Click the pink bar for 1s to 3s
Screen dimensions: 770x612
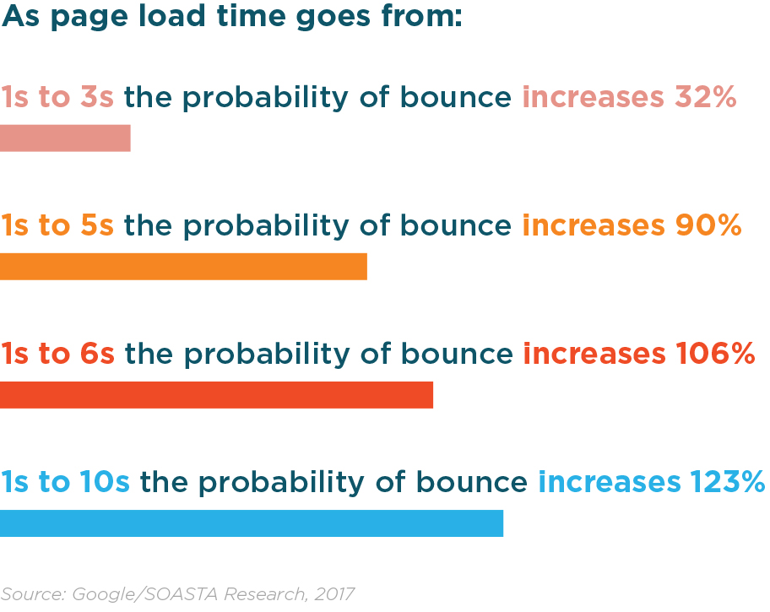[65, 138]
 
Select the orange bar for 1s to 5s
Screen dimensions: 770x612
[184, 267]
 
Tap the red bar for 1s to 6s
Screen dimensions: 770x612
[216, 395]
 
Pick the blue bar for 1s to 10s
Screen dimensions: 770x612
[252, 523]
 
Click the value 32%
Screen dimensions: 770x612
[706, 96]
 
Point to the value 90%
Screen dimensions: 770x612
[708, 225]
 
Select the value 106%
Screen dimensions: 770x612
[715, 353]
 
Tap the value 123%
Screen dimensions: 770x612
[728, 481]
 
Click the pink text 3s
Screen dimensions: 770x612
[97, 96]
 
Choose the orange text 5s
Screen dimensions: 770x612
[97, 225]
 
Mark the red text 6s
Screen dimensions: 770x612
[97, 353]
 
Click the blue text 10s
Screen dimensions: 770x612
[105, 481]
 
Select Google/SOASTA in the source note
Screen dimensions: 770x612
[145, 593]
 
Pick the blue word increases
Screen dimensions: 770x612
[610, 481]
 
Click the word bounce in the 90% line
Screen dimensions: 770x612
[456, 225]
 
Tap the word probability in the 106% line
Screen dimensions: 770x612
[267, 355]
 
